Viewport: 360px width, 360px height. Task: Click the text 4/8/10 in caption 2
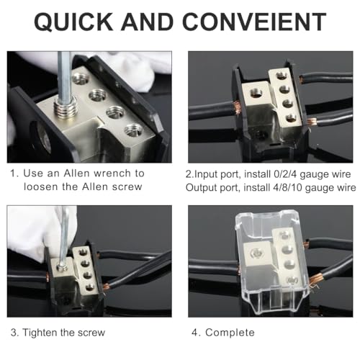284,187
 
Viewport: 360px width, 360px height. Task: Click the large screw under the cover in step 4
254,251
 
